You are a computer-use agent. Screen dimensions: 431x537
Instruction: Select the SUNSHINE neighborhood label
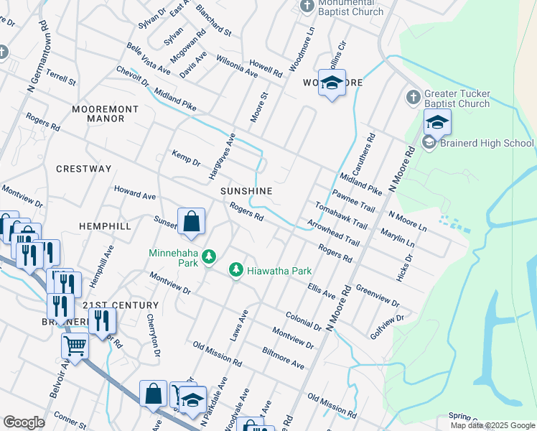click(246, 191)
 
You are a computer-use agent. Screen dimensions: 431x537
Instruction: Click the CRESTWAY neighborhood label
click(84, 169)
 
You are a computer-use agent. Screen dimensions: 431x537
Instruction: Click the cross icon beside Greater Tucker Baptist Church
click(413, 97)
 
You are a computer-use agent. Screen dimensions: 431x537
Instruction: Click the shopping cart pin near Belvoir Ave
click(75, 347)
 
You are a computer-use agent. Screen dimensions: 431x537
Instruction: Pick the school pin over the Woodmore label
click(332, 84)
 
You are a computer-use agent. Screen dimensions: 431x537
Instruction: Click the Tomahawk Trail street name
click(341, 215)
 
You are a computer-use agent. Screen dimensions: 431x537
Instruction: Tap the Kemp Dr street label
click(186, 159)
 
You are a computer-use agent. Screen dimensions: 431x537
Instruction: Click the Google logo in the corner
click(24, 422)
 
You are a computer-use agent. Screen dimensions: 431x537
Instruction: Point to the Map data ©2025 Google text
click(492, 425)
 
